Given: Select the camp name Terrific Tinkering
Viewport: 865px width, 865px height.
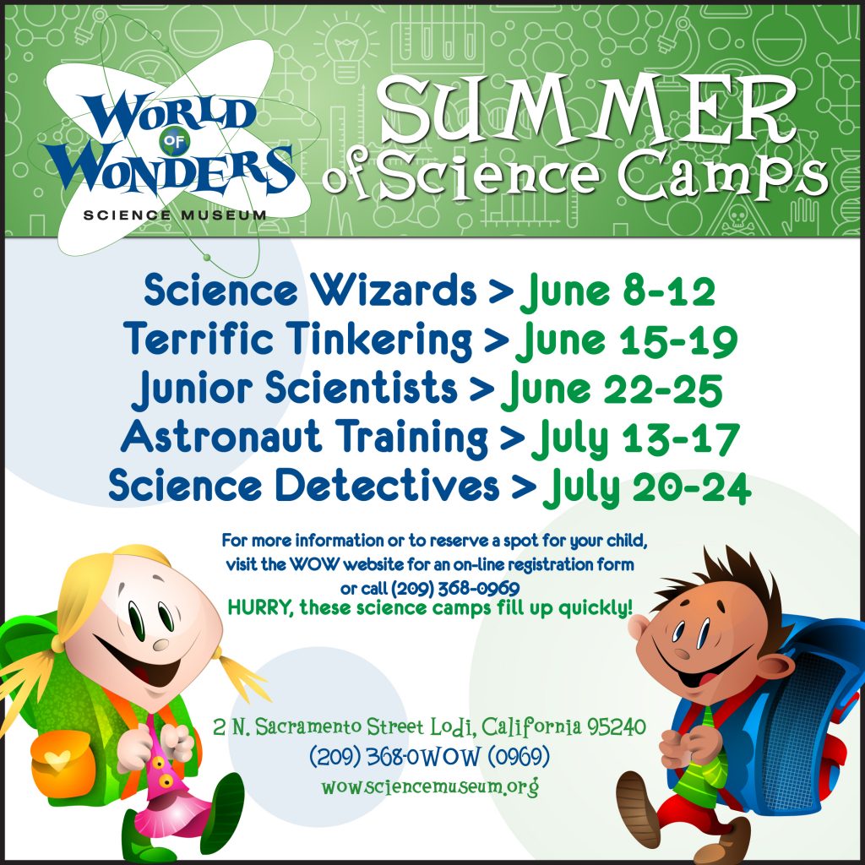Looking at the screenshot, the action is coord(297,339).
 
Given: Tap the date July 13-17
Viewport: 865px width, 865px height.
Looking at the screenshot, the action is coord(634,439).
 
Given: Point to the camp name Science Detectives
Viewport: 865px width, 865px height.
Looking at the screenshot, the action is coord(303,485).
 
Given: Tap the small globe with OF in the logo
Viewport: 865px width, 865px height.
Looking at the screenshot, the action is coord(174,141).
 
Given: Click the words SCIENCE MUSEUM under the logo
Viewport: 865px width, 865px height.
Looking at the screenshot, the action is coord(175,215).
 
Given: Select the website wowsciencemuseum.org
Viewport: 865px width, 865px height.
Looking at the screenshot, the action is coord(430,786).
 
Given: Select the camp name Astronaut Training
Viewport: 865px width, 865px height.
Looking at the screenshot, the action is coord(304,437).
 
